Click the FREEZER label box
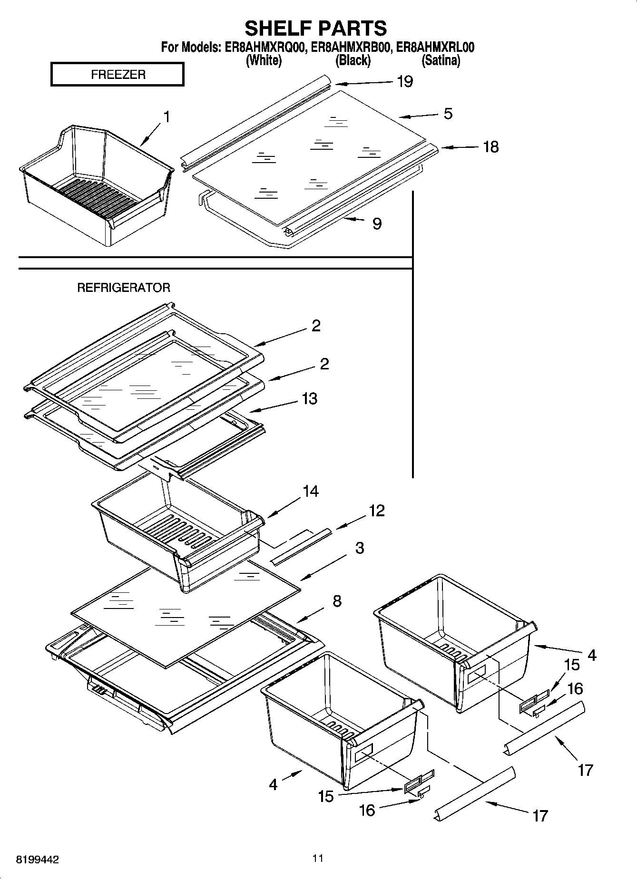[118, 75]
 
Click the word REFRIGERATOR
[124, 288]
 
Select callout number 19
[405, 82]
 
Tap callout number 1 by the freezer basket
[167, 116]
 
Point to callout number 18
[491, 147]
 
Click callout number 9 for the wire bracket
[377, 223]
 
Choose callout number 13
[309, 398]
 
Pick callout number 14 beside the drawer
[311, 491]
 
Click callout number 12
[376, 511]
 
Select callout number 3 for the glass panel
[360, 548]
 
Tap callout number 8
[336, 601]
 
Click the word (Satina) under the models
[441, 61]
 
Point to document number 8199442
[38, 860]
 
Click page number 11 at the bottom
[318, 858]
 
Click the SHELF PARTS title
[316, 28]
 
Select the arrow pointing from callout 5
[419, 116]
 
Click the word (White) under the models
[264, 61]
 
